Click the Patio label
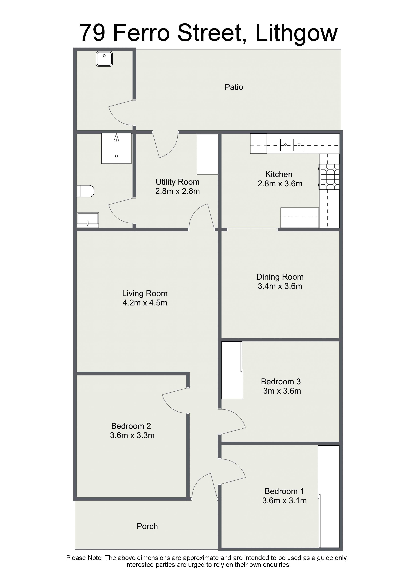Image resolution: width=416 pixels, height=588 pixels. pyautogui.click(x=234, y=87)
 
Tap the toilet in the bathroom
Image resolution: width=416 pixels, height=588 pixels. pyautogui.click(x=85, y=191)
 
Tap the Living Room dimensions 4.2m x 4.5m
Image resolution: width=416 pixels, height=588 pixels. pyautogui.click(x=145, y=303)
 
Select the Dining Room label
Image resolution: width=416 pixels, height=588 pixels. pyautogui.click(x=280, y=277)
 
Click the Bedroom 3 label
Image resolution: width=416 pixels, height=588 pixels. pyautogui.click(x=281, y=382)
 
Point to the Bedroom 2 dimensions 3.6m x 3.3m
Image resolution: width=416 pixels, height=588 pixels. pyautogui.click(x=132, y=435)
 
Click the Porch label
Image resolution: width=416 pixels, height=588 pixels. pyautogui.click(x=147, y=526)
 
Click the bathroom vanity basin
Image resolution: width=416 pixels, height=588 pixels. pyautogui.click(x=88, y=220)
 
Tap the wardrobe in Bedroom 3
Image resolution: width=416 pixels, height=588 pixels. pyautogui.click(x=232, y=370)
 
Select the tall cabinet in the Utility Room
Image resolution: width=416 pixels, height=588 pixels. pyautogui.click(x=207, y=154)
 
